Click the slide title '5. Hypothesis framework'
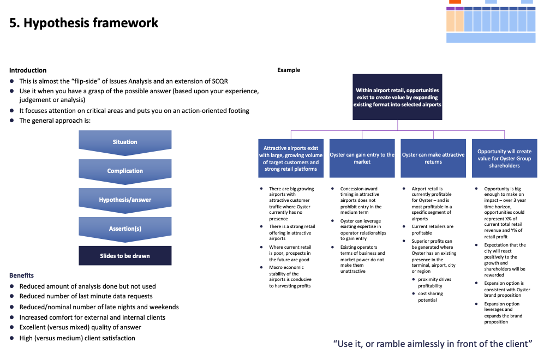(84, 23)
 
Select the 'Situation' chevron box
(125, 142)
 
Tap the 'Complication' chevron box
(125, 171)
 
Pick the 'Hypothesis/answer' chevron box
(125, 200)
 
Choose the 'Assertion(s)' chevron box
(125, 229)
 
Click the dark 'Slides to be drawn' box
(125, 256)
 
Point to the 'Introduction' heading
(28, 70)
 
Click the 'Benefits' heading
(21, 275)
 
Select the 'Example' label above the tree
(289, 70)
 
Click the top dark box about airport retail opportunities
(397, 97)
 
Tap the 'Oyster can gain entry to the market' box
(362, 158)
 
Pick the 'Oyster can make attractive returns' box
(433, 158)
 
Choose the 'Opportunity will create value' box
(504, 158)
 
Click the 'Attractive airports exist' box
(291, 158)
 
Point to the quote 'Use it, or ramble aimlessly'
(432, 344)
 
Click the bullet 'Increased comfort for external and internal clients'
(92, 317)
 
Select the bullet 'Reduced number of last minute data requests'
(86, 296)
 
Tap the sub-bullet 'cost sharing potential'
(431, 297)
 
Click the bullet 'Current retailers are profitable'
(432, 230)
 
